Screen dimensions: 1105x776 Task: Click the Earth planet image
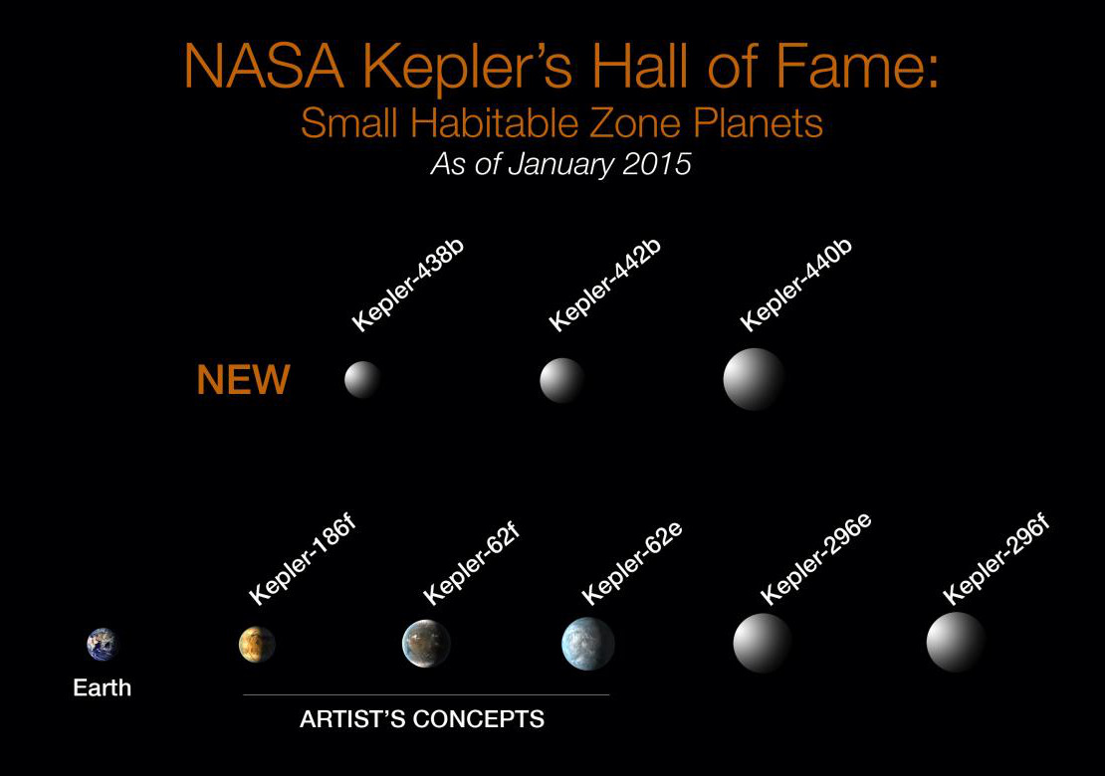(103, 645)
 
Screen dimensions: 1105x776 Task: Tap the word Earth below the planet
(103, 687)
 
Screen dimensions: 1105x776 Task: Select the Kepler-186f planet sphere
(257, 645)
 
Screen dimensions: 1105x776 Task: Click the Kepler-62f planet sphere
(426, 644)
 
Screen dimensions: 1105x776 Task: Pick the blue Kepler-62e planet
(587, 644)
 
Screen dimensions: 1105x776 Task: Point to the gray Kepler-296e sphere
(763, 643)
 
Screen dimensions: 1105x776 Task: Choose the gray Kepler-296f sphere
(956, 643)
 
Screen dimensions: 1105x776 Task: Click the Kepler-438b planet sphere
(363, 380)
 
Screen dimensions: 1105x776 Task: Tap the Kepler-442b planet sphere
(561, 380)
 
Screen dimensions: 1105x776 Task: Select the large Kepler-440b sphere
(754, 379)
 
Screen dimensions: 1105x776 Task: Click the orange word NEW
(243, 380)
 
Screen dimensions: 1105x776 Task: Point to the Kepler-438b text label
(408, 286)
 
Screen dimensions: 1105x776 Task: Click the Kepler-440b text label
(796, 285)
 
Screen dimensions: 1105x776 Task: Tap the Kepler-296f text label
(996, 560)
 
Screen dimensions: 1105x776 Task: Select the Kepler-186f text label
(303, 560)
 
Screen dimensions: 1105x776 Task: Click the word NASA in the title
(264, 68)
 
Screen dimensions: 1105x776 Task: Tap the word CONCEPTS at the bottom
(479, 719)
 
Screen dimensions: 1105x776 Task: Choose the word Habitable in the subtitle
(495, 123)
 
